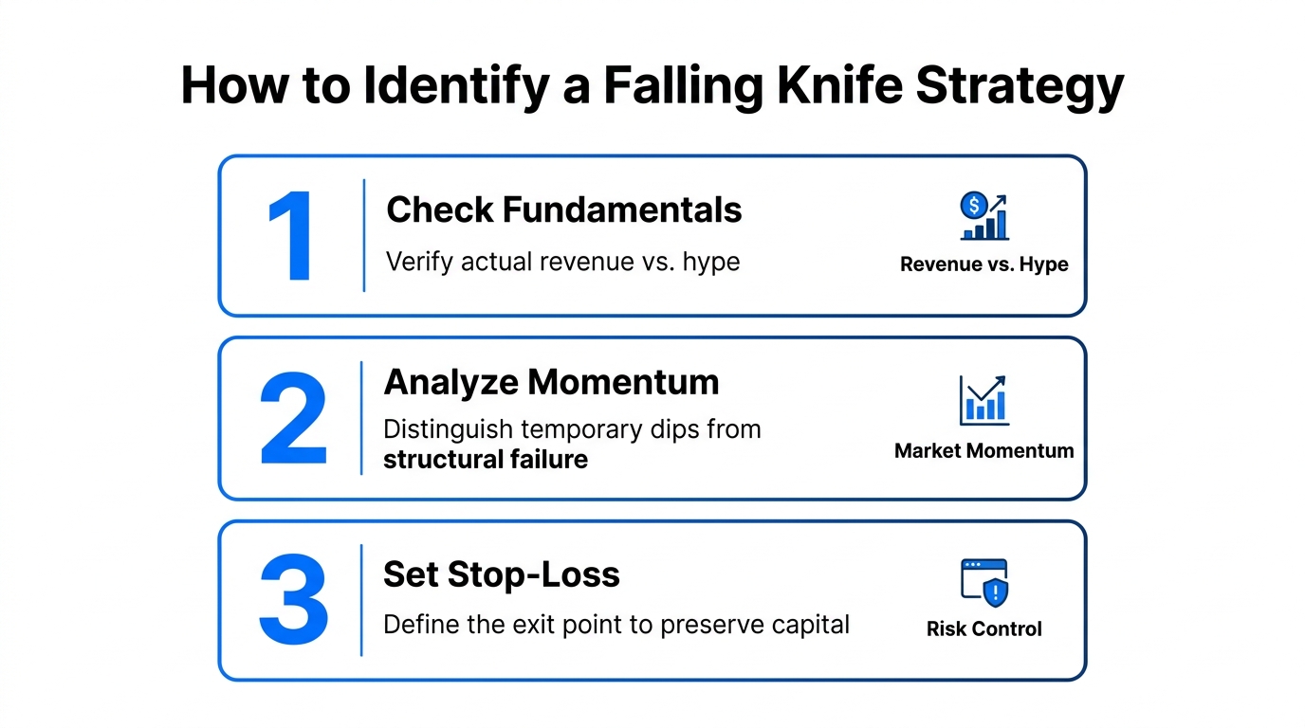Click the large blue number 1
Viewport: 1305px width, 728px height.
click(291, 237)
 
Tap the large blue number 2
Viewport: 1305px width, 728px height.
click(293, 418)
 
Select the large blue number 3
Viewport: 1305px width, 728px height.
click(293, 599)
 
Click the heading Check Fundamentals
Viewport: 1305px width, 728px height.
click(563, 209)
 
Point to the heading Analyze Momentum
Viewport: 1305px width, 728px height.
click(551, 382)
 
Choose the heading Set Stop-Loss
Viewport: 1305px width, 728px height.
click(501, 574)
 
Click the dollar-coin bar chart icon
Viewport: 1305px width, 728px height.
click(983, 217)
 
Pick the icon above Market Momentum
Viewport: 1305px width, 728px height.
click(983, 400)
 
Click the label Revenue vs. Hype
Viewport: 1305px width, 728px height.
click(983, 264)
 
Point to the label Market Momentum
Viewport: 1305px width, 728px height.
click(983, 451)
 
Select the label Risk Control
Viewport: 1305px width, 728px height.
click(983, 629)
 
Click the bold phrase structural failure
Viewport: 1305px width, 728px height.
click(485, 460)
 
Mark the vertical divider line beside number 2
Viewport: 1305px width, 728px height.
click(361, 418)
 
